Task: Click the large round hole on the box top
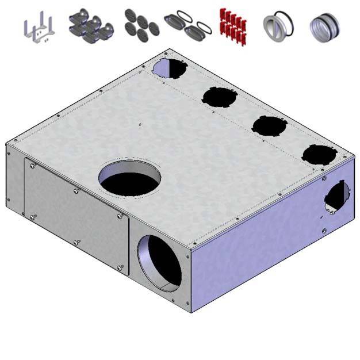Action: coord(128,177)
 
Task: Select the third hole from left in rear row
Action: coord(268,125)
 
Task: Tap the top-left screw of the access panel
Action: coord(32,166)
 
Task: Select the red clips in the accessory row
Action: coord(232,26)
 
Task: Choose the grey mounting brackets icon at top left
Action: coord(39,29)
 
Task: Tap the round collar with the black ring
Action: coord(278,26)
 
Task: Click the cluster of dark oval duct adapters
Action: coord(90,25)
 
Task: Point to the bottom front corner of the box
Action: coord(192,311)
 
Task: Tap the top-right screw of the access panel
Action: coord(120,216)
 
